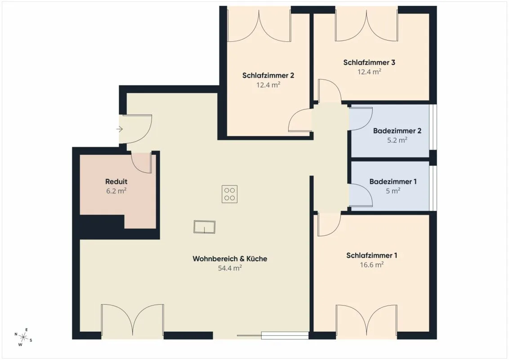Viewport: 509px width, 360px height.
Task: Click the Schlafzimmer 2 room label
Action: [x=268, y=76]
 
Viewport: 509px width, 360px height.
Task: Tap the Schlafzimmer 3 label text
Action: [x=369, y=63]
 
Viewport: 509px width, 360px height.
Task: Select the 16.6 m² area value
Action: [x=372, y=265]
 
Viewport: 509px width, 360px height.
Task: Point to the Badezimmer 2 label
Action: [x=397, y=131]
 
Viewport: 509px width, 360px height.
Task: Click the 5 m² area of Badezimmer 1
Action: [x=393, y=191]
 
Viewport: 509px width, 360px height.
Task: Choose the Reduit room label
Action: [x=116, y=182]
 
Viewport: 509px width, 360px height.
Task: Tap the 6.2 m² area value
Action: [x=116, y=191]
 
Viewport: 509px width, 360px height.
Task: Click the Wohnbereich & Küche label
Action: [x=230, y=259]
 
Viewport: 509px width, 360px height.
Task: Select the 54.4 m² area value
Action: [x=230, y=268]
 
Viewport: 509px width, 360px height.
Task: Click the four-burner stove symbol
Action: [x=229, y=194]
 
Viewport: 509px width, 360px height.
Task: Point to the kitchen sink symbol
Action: [x=205, y=227]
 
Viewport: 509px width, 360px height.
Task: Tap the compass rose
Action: [x=23, y=337]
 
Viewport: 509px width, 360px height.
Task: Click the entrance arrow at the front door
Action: [x=120, y=129]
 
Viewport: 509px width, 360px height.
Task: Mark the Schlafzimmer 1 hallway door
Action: [x=329, y=225]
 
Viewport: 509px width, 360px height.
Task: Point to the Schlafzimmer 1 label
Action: [x=372, y=256]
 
